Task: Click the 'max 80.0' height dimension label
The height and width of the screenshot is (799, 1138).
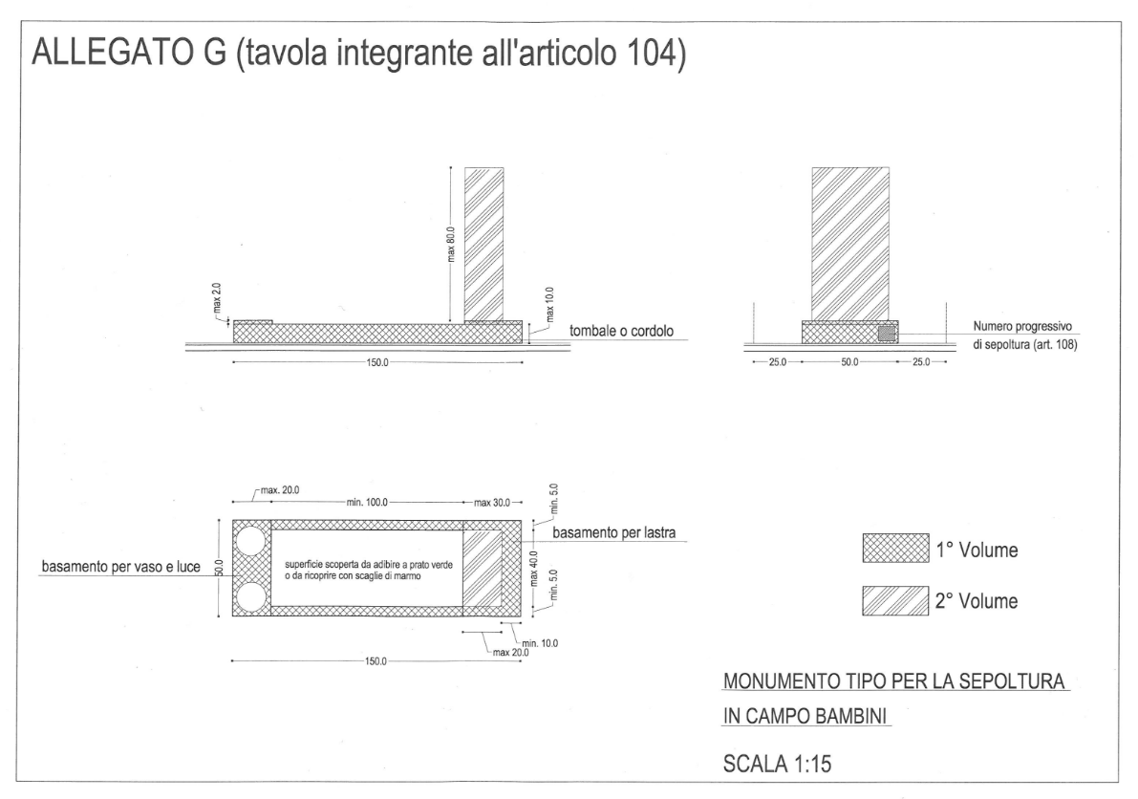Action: click(451, 246)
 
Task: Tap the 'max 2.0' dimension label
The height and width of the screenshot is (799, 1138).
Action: click(217, 298)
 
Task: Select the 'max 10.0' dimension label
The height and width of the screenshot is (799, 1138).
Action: click(549, 304)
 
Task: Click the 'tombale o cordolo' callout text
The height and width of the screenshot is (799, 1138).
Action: click(621, 331)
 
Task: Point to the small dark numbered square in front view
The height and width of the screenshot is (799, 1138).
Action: click(887, 334)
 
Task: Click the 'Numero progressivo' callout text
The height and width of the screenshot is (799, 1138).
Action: click(1021, 327)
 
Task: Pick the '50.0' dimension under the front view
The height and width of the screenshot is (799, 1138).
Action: click(849, 361)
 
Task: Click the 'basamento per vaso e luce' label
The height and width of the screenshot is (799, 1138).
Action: click(120, 567)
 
